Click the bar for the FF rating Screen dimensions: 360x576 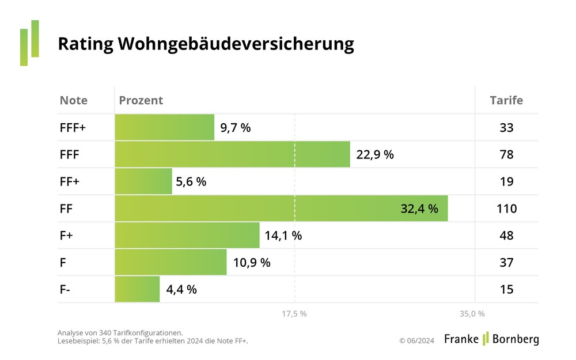point(281,209)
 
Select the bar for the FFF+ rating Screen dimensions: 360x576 point(165,127)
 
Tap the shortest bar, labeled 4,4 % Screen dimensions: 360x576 point(137,289)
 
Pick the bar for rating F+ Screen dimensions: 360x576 point(187,235)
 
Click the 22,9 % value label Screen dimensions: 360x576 point(375,154)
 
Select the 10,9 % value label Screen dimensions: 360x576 point(252,262)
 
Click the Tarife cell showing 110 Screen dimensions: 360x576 point(506,209)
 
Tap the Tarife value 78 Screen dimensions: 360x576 point(506,154)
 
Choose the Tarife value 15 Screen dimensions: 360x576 point(506,289)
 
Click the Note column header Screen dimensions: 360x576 point(74,100)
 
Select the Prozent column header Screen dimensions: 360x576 point(141,100)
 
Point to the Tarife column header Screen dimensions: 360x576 point(506,100)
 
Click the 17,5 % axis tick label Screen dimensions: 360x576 point(294,314)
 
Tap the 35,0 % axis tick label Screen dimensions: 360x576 point(472,314)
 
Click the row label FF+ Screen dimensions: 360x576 point(69,181)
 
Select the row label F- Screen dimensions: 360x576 point(65,289)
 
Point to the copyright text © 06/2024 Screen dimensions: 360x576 point(416,340)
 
